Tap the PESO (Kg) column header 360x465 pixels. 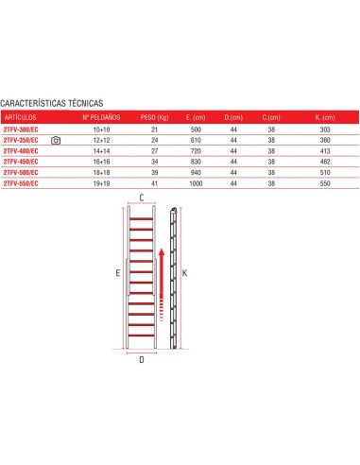pos(154,117)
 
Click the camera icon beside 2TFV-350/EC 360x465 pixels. pos(57,140)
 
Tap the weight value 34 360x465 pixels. pos(154,162)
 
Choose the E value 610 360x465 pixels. pos(194,140)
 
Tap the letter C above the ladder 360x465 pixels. pos(142,198)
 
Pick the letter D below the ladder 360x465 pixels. pos(142,359)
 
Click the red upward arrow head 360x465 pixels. pos(161,253)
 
